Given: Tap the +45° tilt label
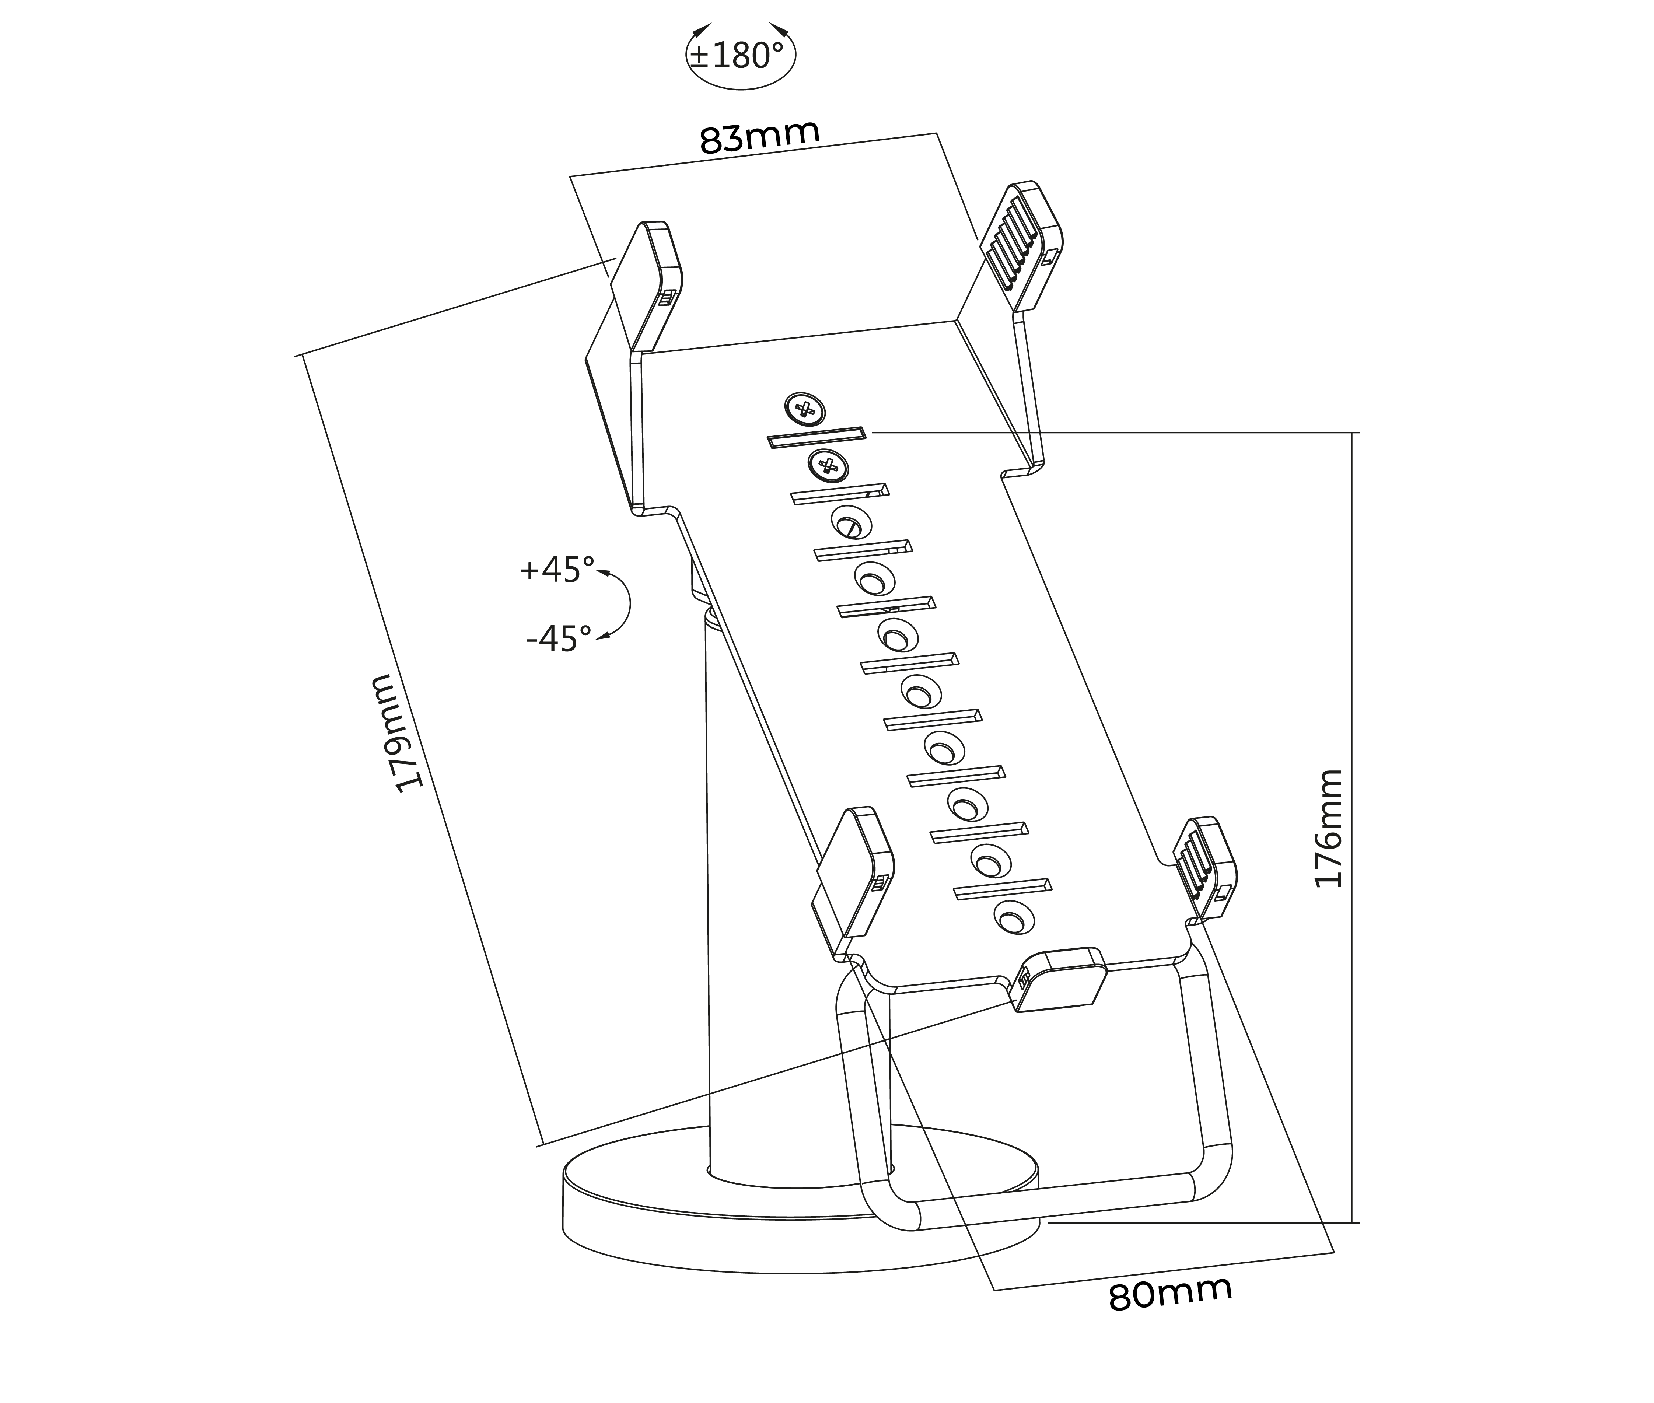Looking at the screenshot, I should [557, 570].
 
